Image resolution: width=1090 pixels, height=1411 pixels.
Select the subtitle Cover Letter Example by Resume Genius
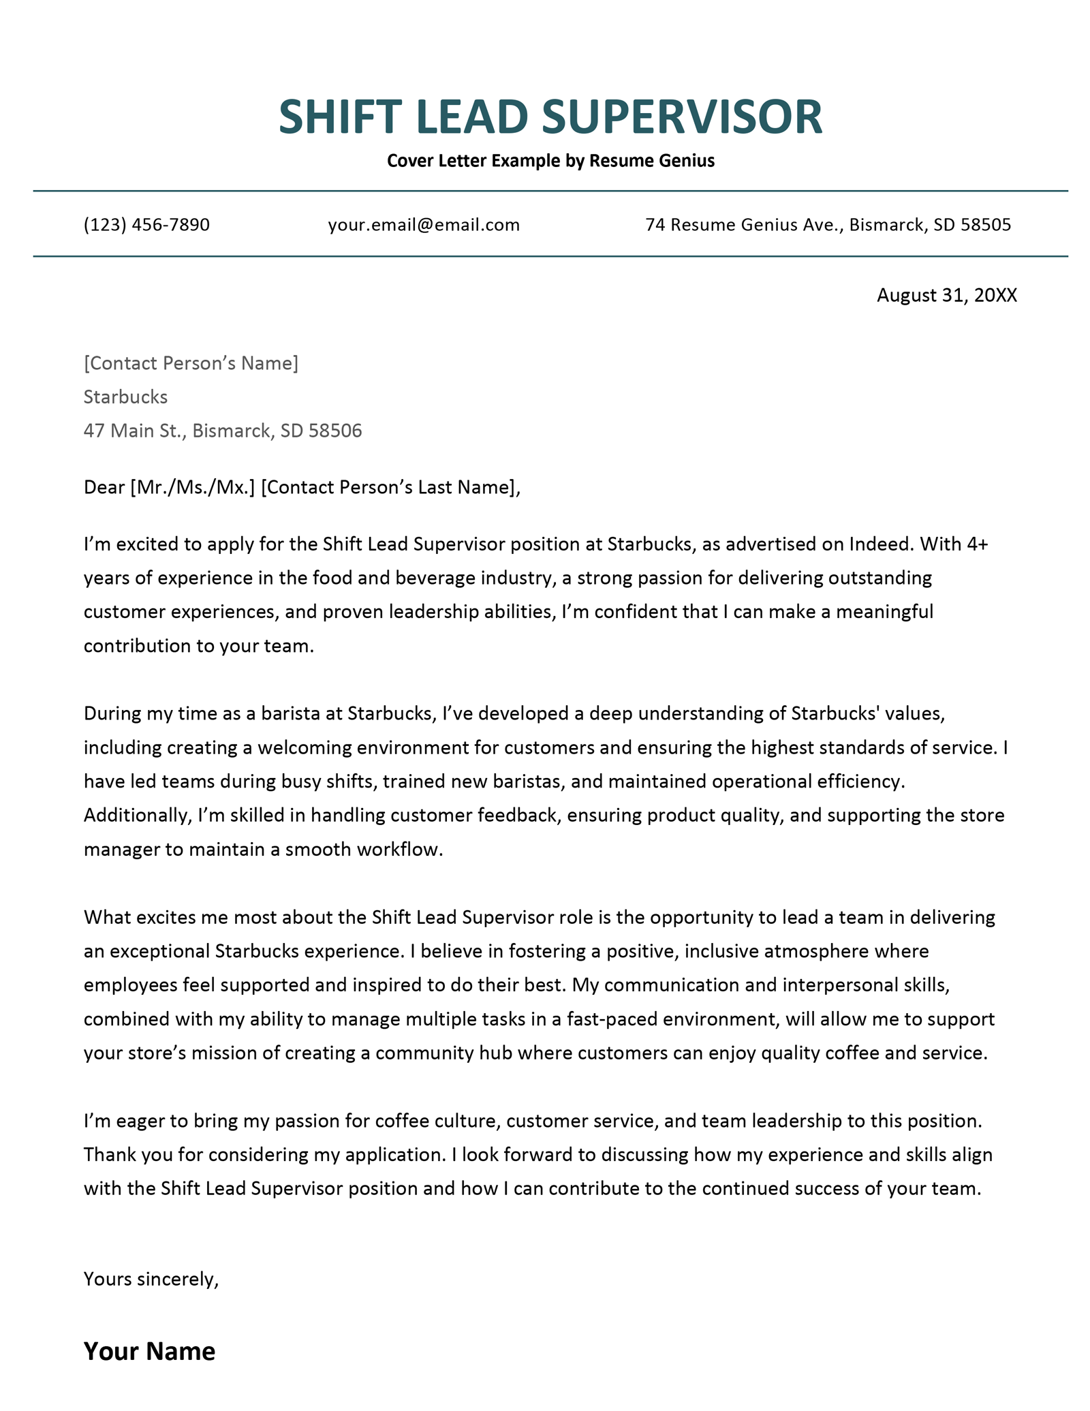tap(550, 161)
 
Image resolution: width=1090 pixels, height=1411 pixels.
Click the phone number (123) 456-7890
tap(146, 225)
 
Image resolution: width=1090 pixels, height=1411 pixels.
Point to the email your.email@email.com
tap(424, 225)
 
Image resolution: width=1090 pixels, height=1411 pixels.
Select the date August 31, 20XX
tap(946, 295)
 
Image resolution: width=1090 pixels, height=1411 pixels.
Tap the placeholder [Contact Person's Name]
tap(191, 363)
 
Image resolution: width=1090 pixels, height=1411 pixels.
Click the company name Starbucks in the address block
tap(125, 397)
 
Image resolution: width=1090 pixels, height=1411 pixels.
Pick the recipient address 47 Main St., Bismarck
tap(178, 431)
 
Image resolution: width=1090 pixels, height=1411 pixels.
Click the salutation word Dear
tap(104, 487)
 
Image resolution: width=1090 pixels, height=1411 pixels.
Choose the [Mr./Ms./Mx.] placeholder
tap(192, 487)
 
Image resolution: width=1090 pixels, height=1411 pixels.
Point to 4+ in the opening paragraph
tap(976, 544)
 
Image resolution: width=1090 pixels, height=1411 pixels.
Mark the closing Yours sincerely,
tap(151, 1280)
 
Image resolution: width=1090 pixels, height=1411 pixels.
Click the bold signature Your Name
tap(149, 1351)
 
